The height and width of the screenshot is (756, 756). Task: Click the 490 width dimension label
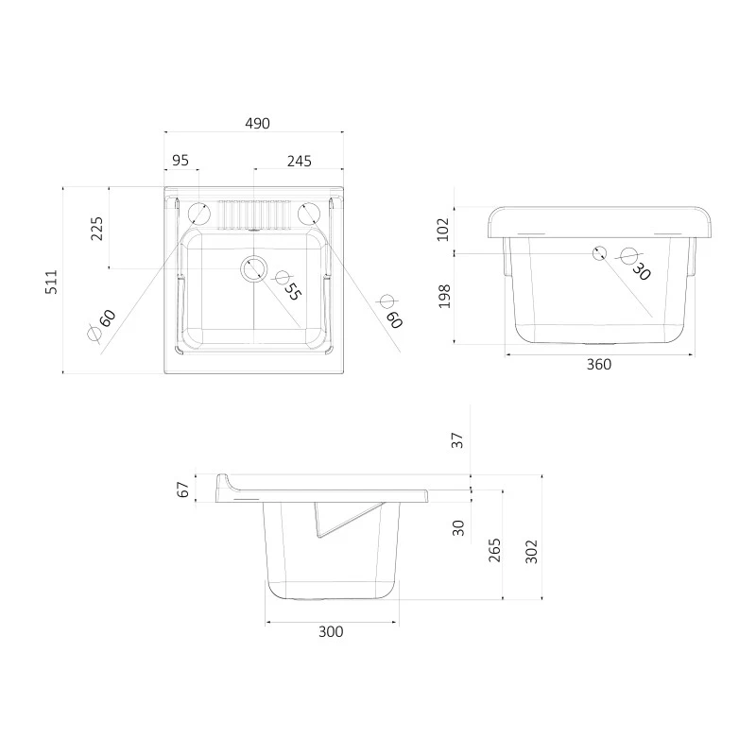257,124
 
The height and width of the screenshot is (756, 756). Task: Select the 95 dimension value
180,161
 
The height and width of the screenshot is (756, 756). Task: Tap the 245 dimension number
300,161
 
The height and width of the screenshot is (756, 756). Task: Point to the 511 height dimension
51,282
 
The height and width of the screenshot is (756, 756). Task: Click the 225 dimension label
97,229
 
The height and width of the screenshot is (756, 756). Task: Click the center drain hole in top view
253,268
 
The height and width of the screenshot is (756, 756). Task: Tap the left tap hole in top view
198,215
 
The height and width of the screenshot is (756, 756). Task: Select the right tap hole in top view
309,215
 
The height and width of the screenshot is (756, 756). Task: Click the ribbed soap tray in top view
254,215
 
